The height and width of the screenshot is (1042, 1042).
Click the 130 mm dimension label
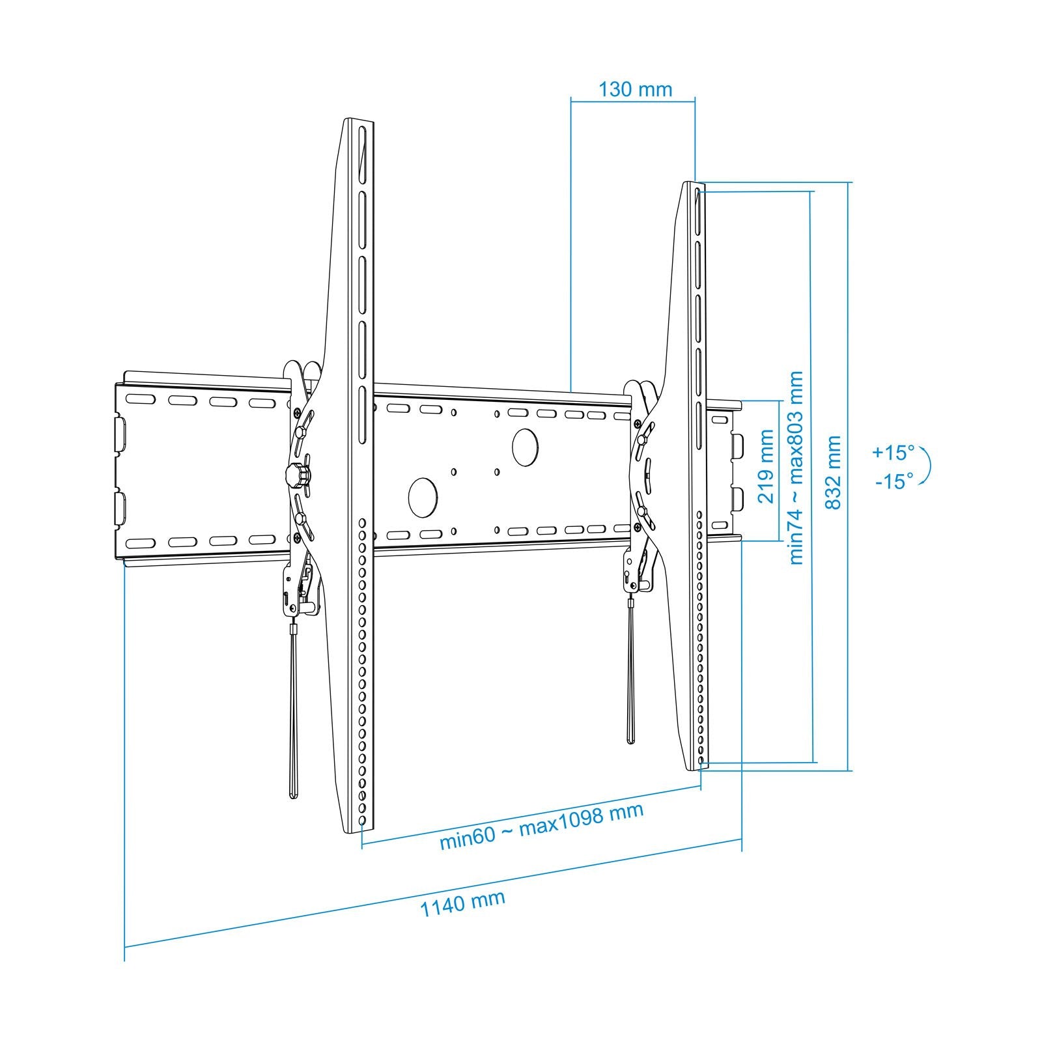coord(635,89)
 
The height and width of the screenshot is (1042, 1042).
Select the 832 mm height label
coord(833,473)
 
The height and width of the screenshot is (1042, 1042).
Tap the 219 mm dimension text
coord(766,466)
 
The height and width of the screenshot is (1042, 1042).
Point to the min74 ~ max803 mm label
coord(796,468)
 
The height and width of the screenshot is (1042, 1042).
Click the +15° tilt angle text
coord(894,451)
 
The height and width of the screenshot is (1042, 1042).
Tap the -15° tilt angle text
coord(894,481)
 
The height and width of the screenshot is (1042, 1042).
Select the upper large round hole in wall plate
coord(526,445)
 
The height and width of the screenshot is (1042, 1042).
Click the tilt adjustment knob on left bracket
coord(297,475)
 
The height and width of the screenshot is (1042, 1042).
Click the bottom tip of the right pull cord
coord(630,740)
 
